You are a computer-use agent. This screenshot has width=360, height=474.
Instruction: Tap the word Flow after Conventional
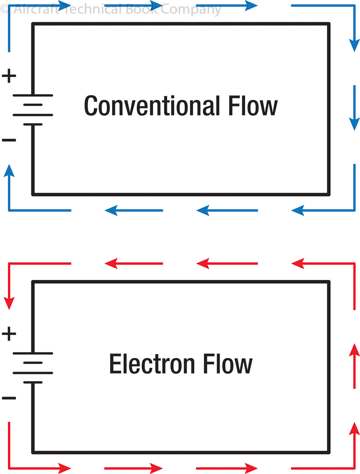coord(253,106)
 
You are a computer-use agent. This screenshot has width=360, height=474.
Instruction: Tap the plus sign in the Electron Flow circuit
coord(9,334)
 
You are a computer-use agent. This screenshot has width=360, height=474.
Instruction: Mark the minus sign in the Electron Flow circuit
coord(9,399)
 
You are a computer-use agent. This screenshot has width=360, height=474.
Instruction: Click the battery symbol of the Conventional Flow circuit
coord(33,110)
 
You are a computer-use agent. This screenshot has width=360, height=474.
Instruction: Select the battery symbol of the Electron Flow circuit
coord(33,368)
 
